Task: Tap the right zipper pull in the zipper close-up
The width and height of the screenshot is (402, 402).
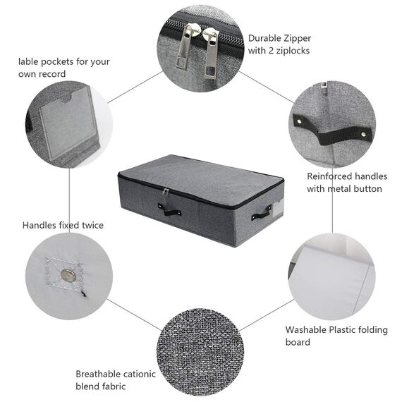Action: pos(210,55)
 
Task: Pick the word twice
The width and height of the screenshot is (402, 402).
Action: pos(90,225)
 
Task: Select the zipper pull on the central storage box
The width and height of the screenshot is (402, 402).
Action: pos(164,193)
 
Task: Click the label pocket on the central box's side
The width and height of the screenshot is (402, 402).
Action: pos(276,205)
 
